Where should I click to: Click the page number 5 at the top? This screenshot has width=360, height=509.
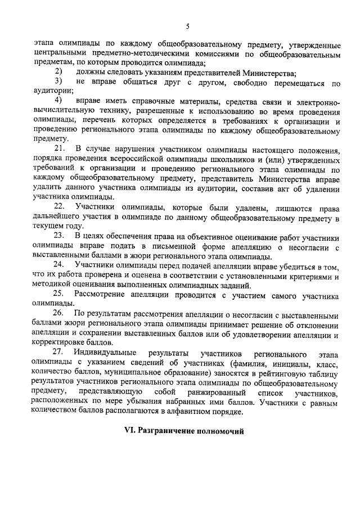(x=187, y=26)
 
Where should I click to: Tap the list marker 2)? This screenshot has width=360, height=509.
(x=57, y=73)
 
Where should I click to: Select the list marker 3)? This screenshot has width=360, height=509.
(x=57, y=83)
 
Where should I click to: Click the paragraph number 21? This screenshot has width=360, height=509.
(x=60, y=148)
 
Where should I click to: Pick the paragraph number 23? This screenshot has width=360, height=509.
(x=60, y=233)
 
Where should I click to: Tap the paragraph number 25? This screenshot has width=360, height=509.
(x=60, y=292)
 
